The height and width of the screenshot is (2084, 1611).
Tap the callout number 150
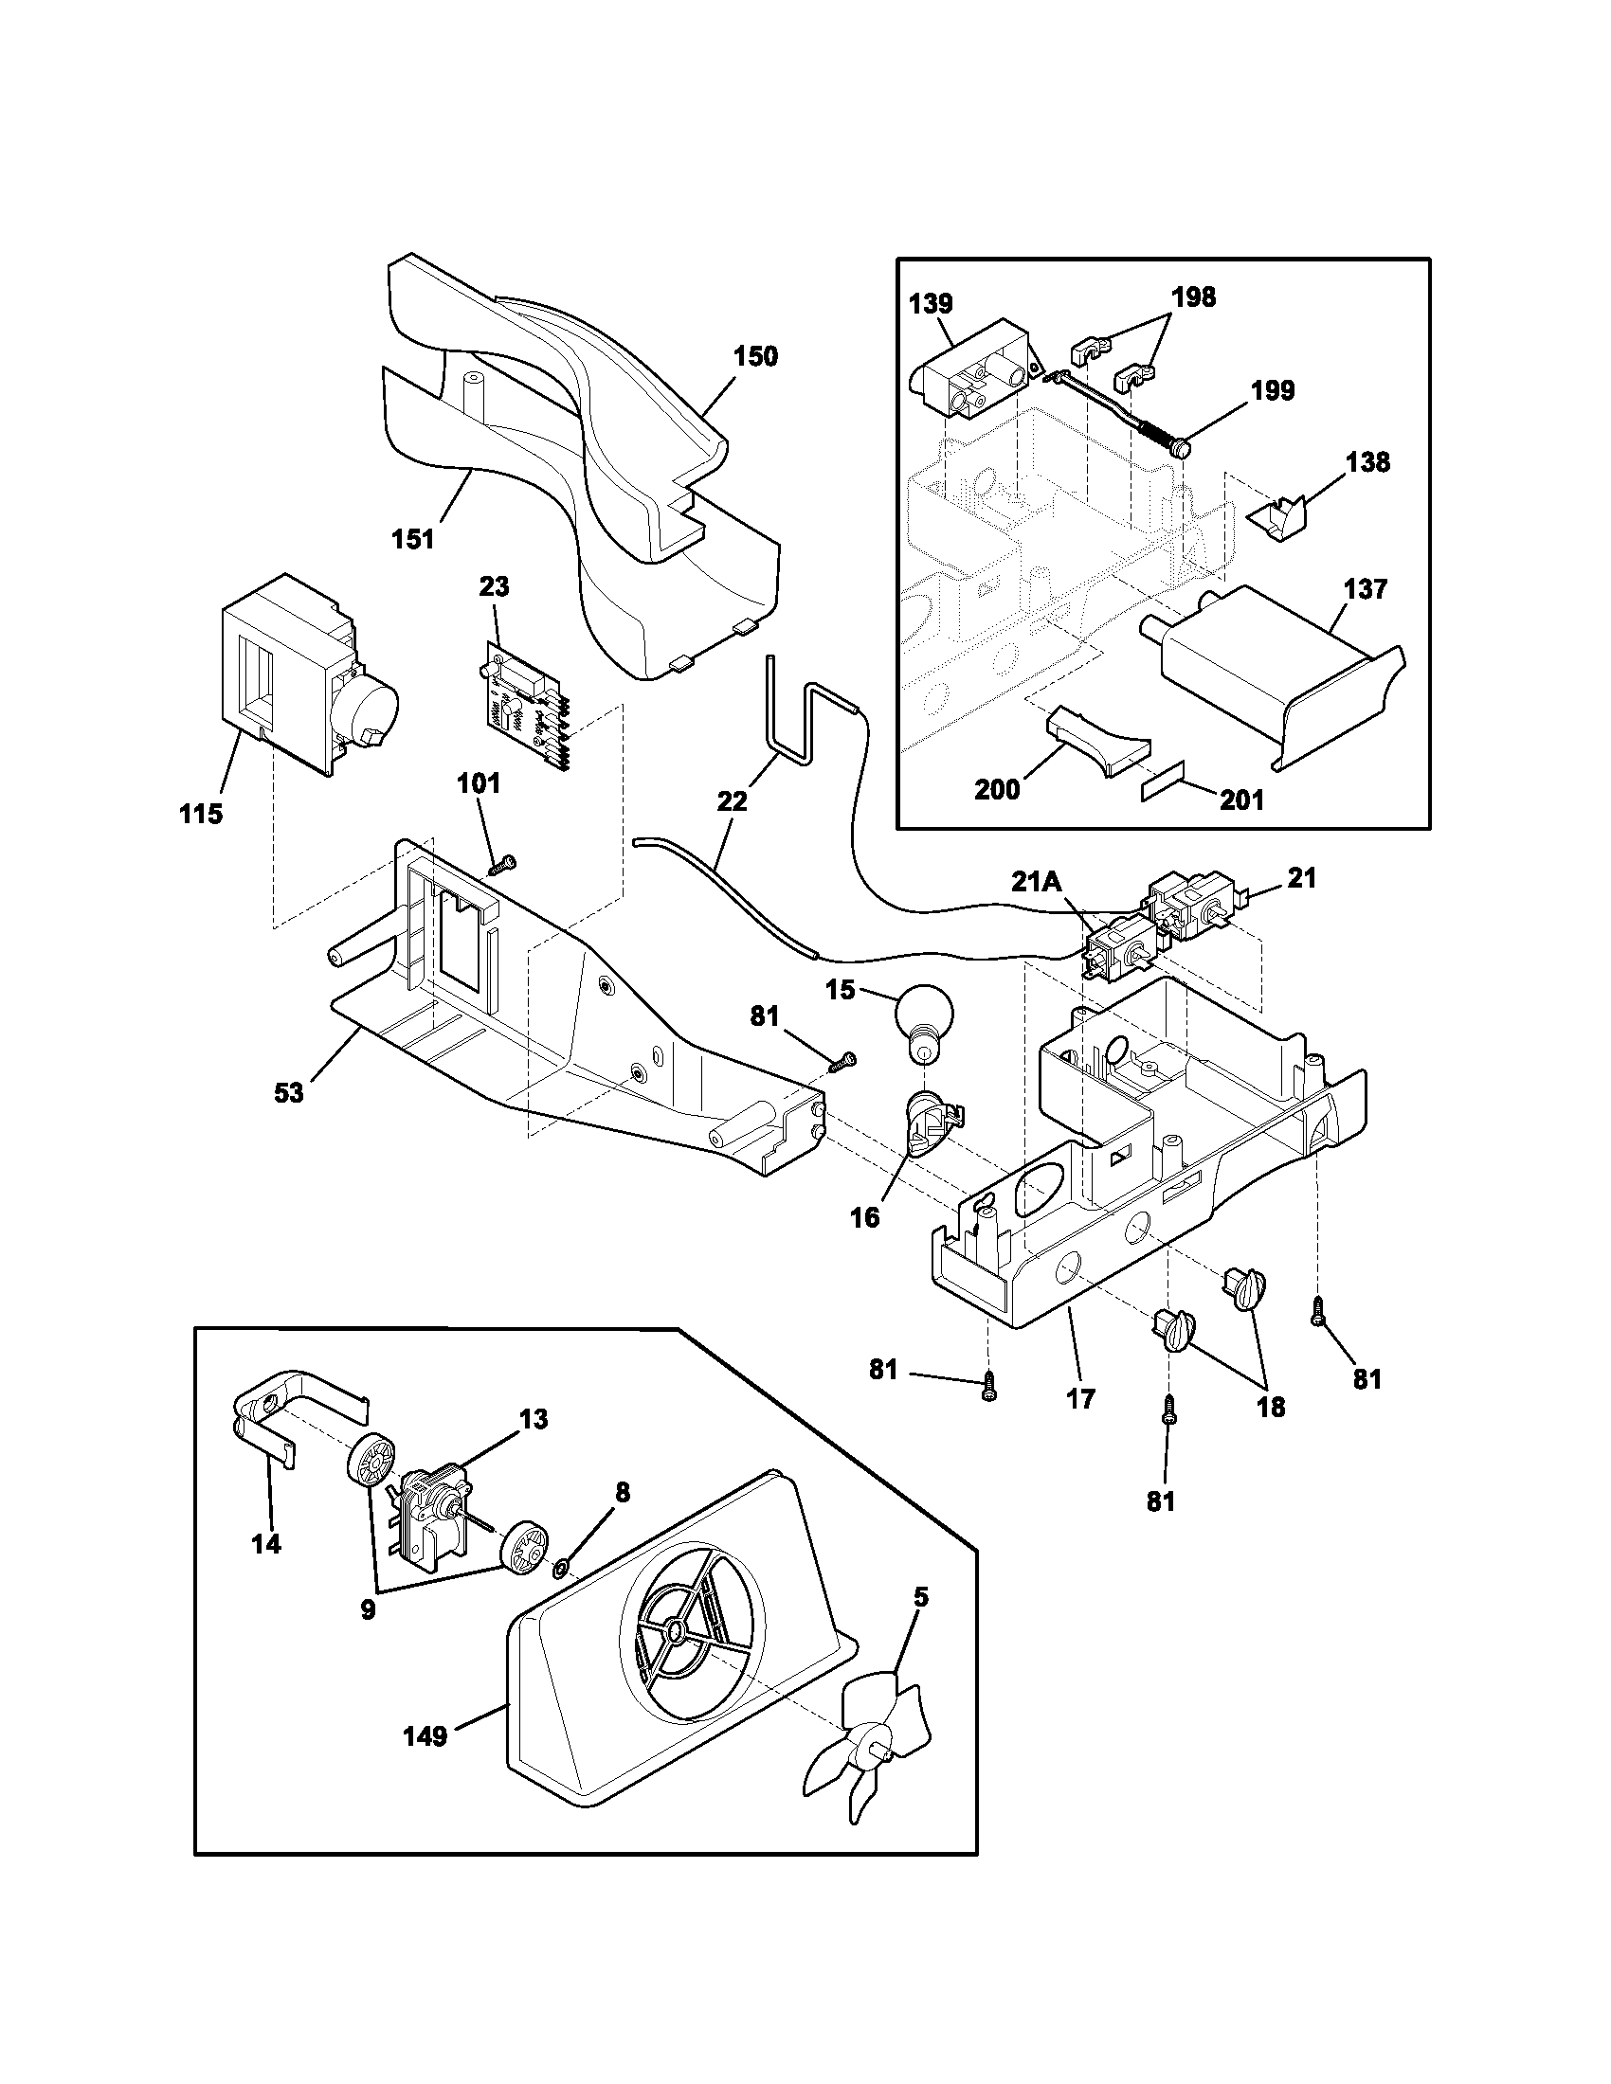(x=755, y=357)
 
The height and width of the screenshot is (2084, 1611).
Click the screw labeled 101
(x=502, y=865)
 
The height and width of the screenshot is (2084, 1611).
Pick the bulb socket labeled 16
(x=927, y=1123)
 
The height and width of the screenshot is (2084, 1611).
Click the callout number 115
(x=200, y=814)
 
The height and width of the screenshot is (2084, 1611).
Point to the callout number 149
(x=425, y=1735)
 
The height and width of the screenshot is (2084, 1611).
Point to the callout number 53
(x=288, y=1092)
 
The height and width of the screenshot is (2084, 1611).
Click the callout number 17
(x=1081, y=1399)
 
